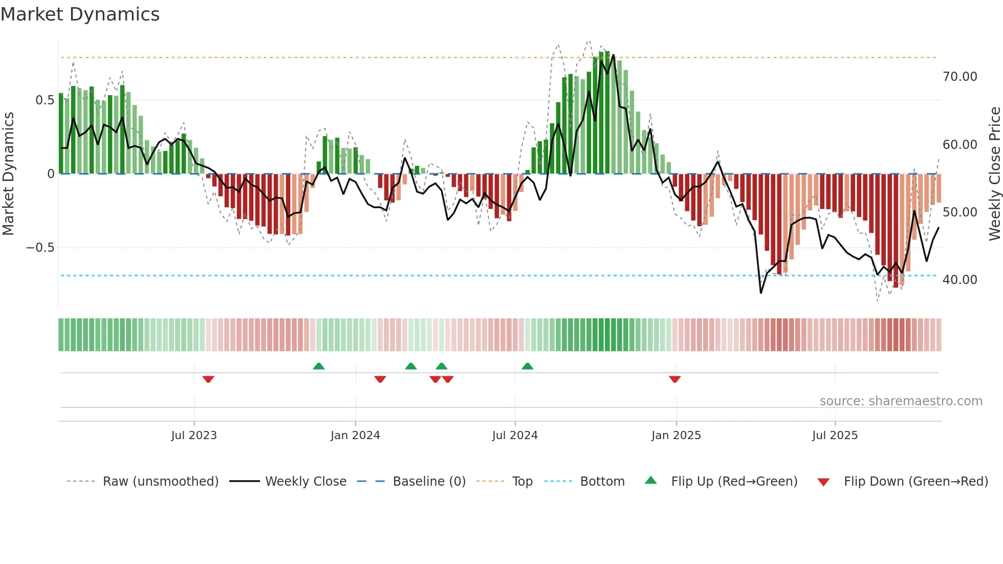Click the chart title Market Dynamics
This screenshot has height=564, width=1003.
pyautogui.click(x=80, y=14)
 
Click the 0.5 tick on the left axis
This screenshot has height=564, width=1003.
pyautogui.click(x=45, y=100)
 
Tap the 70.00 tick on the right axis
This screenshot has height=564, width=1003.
pyautogui.click(x=960, y=77)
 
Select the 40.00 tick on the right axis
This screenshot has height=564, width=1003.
pyautogui.click(x=960, y=280)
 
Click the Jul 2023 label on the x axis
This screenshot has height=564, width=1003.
pyautogui.click(x=194, y=436)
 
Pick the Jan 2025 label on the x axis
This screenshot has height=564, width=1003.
pyautogui.click(x=676, y=436)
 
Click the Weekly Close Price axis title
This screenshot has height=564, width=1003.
pyautogui.click(x=994, y=174)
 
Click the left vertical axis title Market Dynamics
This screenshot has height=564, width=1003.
pyautogui.click(x=8, y=174)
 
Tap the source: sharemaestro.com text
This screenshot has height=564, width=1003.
pyautogui.click(x=901, y=401)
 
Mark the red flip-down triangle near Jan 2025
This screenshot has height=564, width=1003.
pyautogui.click(x=674, y=379)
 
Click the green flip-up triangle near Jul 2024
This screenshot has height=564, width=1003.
pyautogui.click(x=527, y=366)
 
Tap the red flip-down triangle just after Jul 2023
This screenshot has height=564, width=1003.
pyautogui.click(x=208, y=379)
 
